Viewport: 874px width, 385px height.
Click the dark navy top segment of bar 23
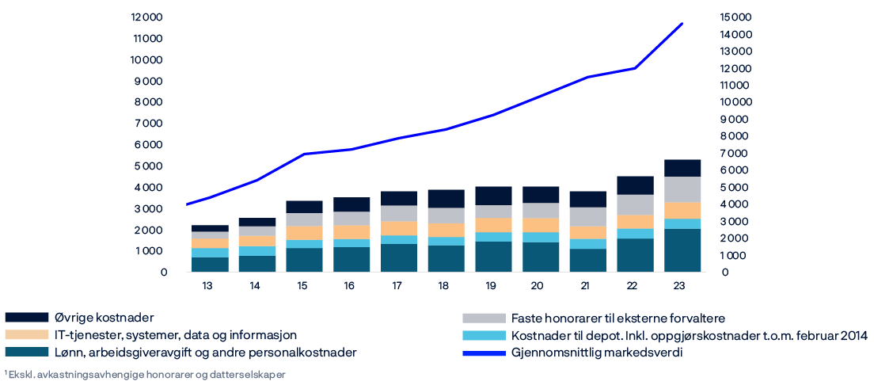pos(682,168)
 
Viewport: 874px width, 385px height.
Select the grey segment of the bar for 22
pos(636,204)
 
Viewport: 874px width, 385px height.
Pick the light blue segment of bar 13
pos(210,253)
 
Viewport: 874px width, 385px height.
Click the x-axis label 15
pos(303,285)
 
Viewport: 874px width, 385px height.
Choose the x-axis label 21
pos(588,285)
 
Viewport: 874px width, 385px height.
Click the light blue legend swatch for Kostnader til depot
pos(483,335)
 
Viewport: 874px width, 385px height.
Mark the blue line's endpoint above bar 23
pos(682,24)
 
